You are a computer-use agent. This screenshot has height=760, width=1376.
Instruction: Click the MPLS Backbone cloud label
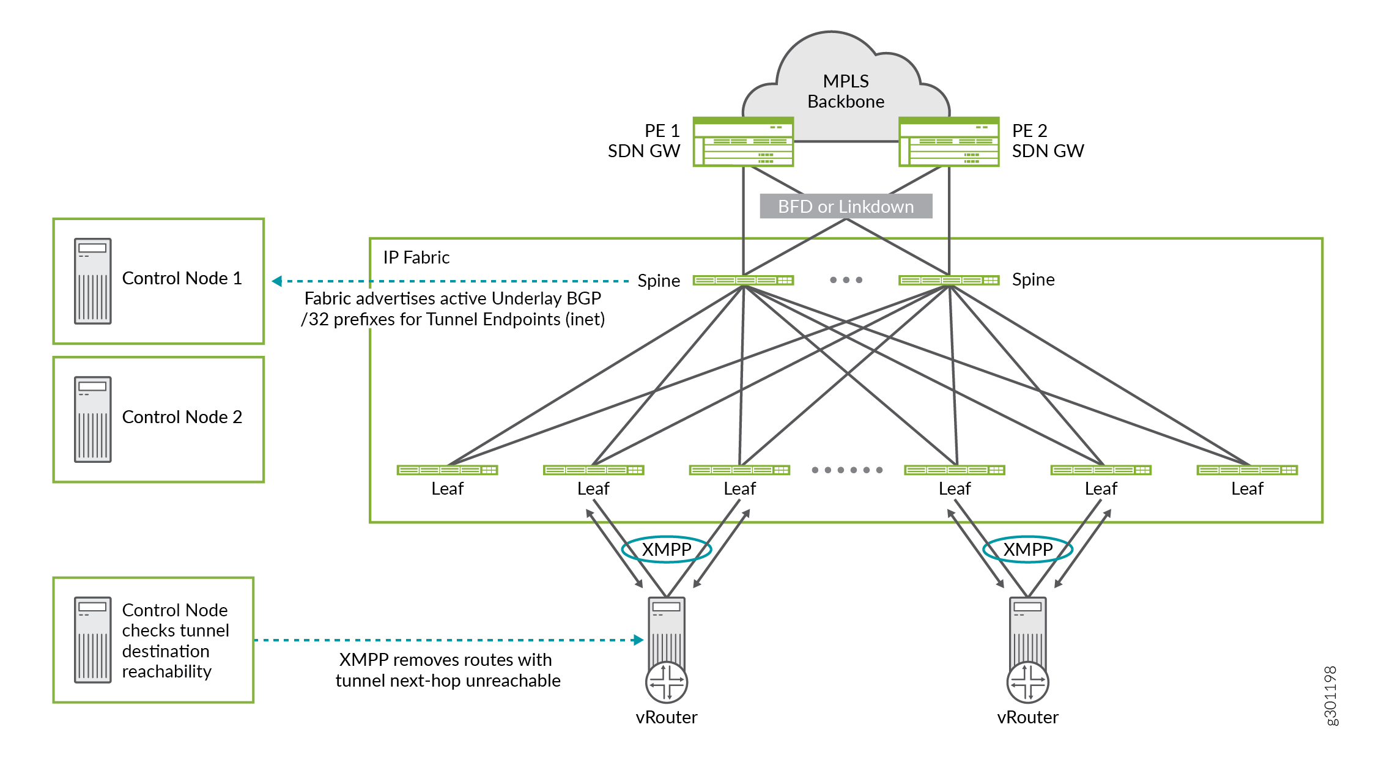845,91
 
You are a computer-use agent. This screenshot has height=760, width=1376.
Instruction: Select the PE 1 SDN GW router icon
743,142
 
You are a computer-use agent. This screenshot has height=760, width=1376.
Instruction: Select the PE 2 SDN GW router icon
949,142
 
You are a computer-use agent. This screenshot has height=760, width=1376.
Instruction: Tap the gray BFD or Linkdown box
845,207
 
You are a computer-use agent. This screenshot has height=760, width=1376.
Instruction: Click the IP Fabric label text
416,257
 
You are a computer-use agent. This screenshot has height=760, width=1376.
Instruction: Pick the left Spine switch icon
743,280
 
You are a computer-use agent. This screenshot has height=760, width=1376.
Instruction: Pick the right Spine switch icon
949,280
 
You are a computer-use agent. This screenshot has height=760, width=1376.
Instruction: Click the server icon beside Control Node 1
92,281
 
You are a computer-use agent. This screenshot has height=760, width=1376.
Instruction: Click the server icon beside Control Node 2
92,419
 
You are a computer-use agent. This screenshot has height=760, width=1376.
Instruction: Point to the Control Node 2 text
182,417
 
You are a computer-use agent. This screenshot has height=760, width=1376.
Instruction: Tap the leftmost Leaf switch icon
447,470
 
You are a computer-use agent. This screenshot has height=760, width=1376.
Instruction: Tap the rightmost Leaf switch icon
1247,470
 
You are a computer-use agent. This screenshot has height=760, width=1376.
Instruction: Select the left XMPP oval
666,549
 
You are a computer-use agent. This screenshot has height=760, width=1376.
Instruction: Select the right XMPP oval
1027,549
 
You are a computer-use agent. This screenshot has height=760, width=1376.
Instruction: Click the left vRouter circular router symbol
667,682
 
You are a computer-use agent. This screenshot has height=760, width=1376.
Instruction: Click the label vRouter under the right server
1027,717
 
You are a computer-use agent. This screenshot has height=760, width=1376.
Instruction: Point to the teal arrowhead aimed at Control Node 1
277,281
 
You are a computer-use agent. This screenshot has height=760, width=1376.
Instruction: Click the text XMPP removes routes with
445,660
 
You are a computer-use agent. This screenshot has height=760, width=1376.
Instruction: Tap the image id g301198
1330,696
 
